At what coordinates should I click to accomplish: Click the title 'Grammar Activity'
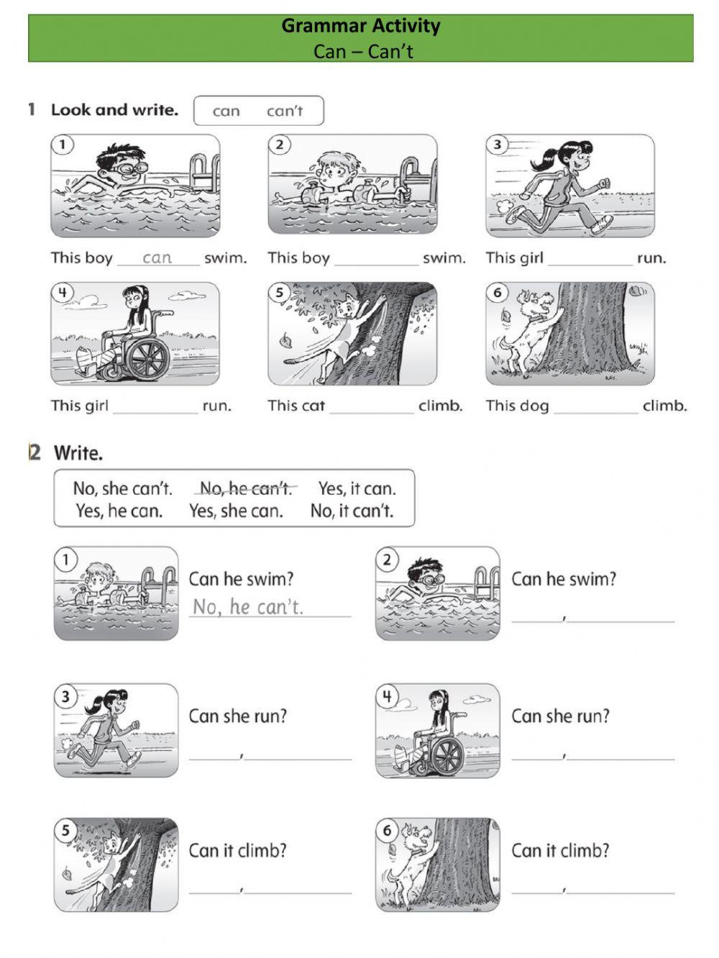click(x=360, y=26)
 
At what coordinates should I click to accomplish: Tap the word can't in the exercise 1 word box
click(x=285, y=111)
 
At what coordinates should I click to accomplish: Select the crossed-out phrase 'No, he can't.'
click(x=246, y=488)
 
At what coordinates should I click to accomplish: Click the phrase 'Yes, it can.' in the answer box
click(x=357, y=488)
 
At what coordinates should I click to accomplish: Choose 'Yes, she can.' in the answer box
click(x=236, y=511)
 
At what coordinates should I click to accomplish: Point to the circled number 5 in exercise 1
click(x=279, y=293)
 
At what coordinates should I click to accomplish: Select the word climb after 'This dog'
click(x=664, y=406)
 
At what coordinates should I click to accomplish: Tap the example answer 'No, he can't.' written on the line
click(x=248, y=606)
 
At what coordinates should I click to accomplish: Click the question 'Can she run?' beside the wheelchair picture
click(x=560, y=716)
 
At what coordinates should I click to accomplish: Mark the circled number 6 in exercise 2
click(x=387, y=830)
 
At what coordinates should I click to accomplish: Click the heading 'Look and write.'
click(x=115, y=109)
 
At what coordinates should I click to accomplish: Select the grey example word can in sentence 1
click(x=157, y=257)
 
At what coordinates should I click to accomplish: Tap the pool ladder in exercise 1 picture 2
click(x=411, y=179)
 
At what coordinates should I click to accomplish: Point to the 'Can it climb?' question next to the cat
click(x=237, y=850)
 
